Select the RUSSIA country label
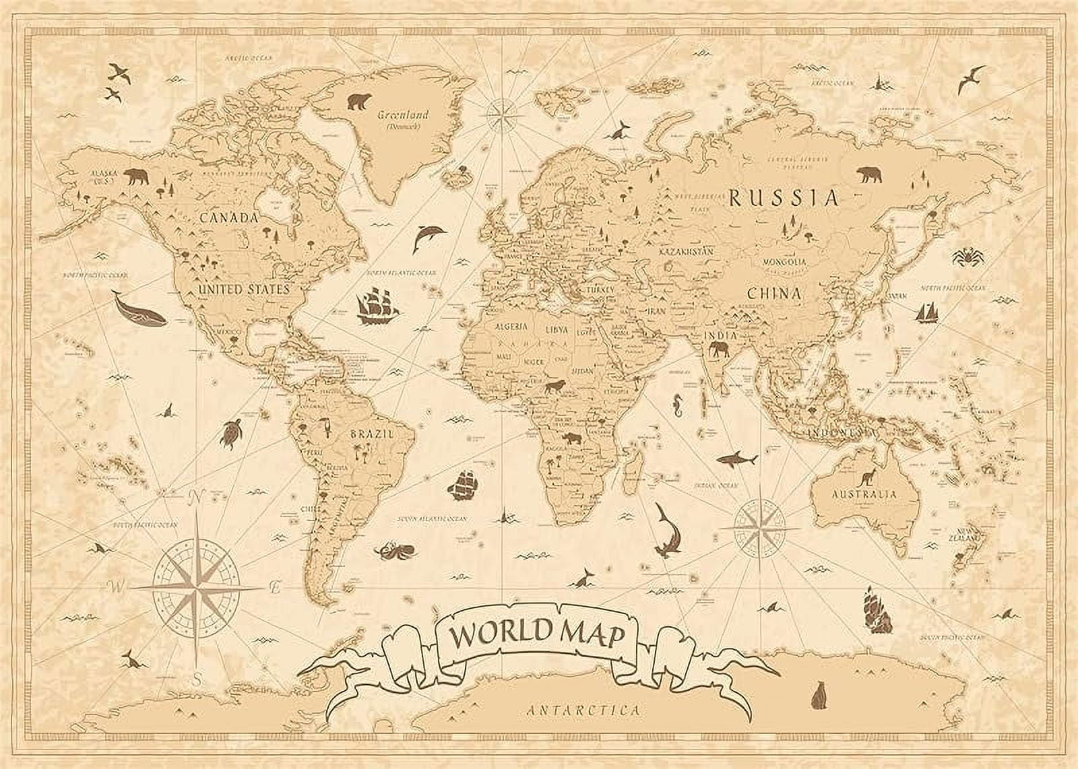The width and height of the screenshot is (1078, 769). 785,198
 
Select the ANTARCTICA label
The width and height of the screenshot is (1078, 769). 583,710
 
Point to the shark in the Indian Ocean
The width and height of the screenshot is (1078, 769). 736,459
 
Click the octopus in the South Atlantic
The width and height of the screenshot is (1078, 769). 390,551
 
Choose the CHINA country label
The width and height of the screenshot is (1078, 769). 773,294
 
